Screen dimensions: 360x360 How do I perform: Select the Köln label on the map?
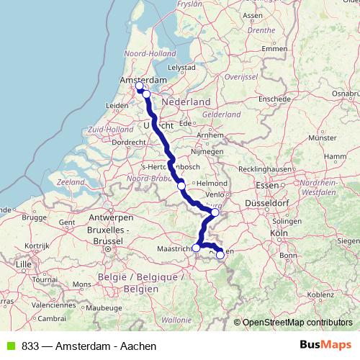(x=279, y=233)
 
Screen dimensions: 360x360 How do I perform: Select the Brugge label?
(x=33, y=216)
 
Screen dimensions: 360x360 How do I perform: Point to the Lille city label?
(x=24, y=264)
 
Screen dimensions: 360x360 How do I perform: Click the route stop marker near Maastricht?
(x=196, y=248)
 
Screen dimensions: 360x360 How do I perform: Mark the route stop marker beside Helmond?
(x=181, y=185)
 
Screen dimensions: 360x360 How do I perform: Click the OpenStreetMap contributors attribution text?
(x=297, y=323)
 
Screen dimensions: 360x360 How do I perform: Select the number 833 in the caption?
(x=31, y=346)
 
